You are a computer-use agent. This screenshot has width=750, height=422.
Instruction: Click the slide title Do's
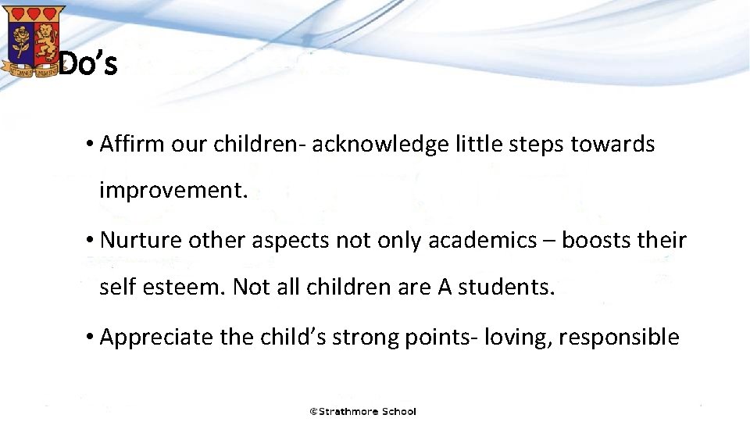point(88,64)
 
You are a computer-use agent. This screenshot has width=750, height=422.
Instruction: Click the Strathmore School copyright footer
point(363,411)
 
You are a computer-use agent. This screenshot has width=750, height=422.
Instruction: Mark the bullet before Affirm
point(91,145)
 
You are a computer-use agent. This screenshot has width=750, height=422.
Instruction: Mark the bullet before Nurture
point(91,241)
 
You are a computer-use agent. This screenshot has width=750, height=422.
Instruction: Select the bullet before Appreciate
point(91,338)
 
